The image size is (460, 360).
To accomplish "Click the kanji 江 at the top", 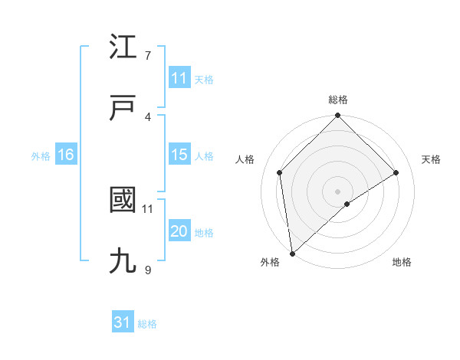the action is coord(123,49).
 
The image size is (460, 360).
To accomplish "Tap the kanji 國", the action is coord(123,201).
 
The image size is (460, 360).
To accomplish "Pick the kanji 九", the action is coord(123,261).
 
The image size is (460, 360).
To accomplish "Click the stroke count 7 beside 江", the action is coord(147,56).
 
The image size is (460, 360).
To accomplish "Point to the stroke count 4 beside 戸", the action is coord(147,116).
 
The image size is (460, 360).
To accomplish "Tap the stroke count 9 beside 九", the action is coord(147,270).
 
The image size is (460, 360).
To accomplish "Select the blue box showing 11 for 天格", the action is coord(179,78).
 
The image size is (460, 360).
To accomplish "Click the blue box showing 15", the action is coord(179,155).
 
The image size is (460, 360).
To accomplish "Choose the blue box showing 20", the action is coord(179,231).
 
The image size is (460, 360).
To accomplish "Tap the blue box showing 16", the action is coord(66,155).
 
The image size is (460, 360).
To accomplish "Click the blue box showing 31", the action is coord(123,322).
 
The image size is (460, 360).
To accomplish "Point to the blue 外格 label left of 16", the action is coord(41,155).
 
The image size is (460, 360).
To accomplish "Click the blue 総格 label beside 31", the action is coord(147,324).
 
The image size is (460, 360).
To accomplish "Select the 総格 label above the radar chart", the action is coord(338,100).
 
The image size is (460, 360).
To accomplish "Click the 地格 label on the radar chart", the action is coord(402,262).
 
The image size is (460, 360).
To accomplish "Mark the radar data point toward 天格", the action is coord(396,172).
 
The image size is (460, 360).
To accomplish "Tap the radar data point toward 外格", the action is coord(291,254).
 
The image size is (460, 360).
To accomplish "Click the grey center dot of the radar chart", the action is coord(338,191).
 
